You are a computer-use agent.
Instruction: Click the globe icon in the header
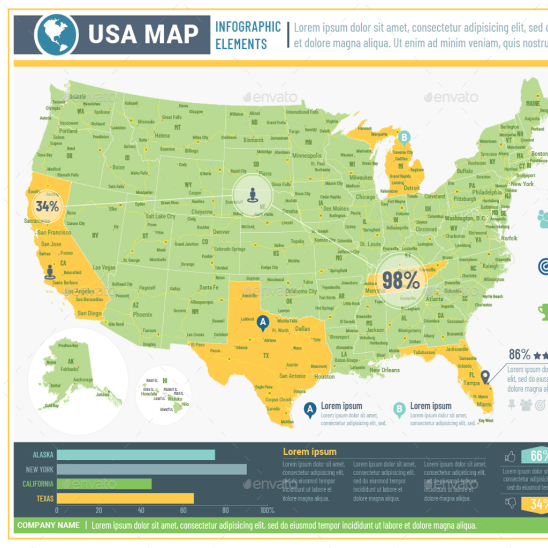tap(56, 35)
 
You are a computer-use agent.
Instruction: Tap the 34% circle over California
tap(48, 206)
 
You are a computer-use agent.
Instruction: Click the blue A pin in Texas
tap(262, 322)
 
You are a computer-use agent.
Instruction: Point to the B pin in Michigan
tap(405, 138)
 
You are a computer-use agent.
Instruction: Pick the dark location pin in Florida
tap(485, 377)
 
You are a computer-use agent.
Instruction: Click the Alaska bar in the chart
tap(136, 455)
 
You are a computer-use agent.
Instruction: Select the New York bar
tap(151, 469)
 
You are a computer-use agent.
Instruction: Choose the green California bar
tap(104, 484)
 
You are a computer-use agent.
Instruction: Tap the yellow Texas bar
tap(125, 498)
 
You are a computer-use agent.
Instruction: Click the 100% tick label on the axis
tap(267, 511)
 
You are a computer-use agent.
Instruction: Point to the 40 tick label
tap(141, 511)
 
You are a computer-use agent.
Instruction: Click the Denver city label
tap(221, 232)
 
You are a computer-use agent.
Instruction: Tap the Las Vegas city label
tap(104, 267)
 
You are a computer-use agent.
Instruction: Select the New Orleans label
tap(384, 370)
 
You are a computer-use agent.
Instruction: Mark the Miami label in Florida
tap(484, 404)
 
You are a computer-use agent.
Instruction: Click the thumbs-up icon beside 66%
tap(510, 456)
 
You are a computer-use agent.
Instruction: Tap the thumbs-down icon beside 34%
tap(511, 503)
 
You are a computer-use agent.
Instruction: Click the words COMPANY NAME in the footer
tap(48, 525)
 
